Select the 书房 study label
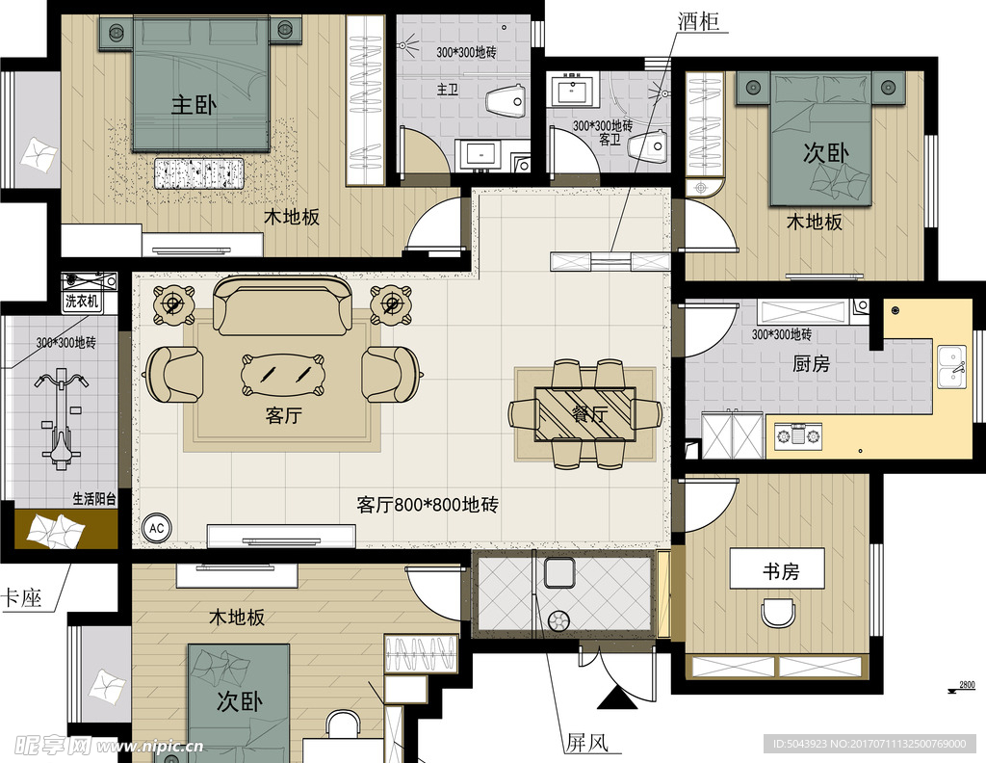pos(780,570)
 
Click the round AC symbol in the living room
pos(155,528)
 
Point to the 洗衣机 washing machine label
pos(82,302)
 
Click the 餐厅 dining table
pos(584,413)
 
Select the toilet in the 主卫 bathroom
pos(505,100)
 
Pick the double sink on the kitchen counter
pos(952,365)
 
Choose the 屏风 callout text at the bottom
pos(587,743)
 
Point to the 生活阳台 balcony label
pos(94,499)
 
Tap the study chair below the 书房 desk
pos(779,612)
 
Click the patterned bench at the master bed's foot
pos(199,171)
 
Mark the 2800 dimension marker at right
pos(966,685)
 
